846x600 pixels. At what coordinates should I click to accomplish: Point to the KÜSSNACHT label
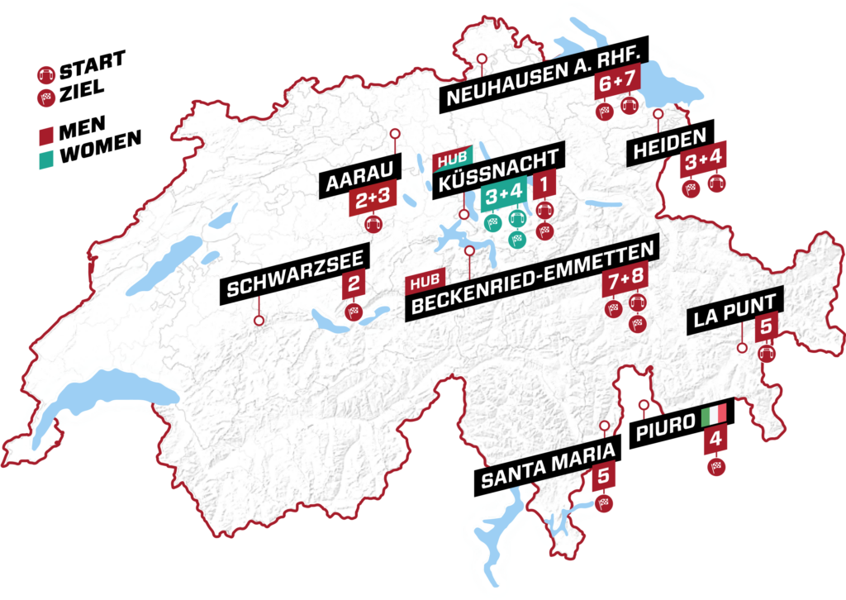(x=498, y=169)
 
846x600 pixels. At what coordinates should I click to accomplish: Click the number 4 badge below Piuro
(x=715, y=441)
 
